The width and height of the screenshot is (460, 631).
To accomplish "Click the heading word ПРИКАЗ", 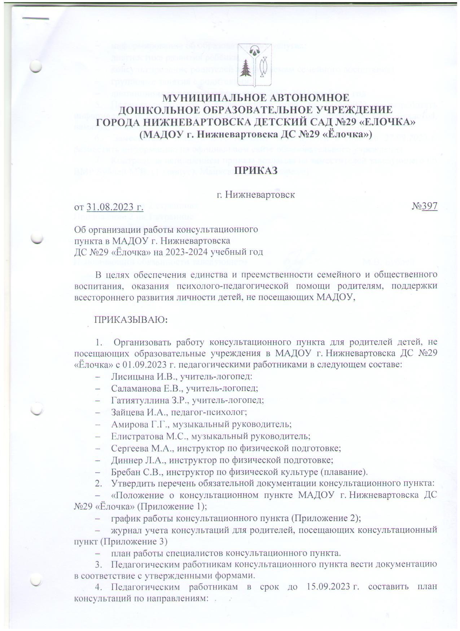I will (x=256, y=171).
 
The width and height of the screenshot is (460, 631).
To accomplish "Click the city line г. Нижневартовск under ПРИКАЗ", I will (x=255, y=195).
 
